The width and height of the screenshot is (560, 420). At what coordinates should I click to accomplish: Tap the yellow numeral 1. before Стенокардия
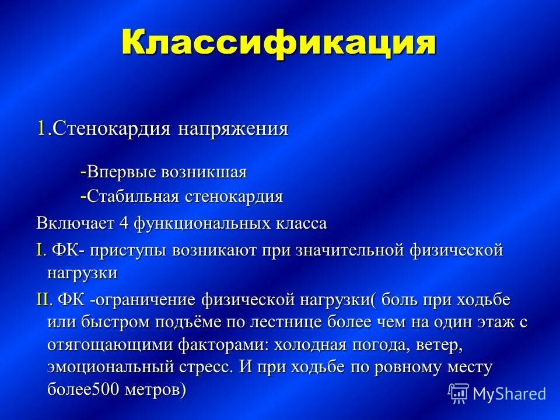tap(44, 128)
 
